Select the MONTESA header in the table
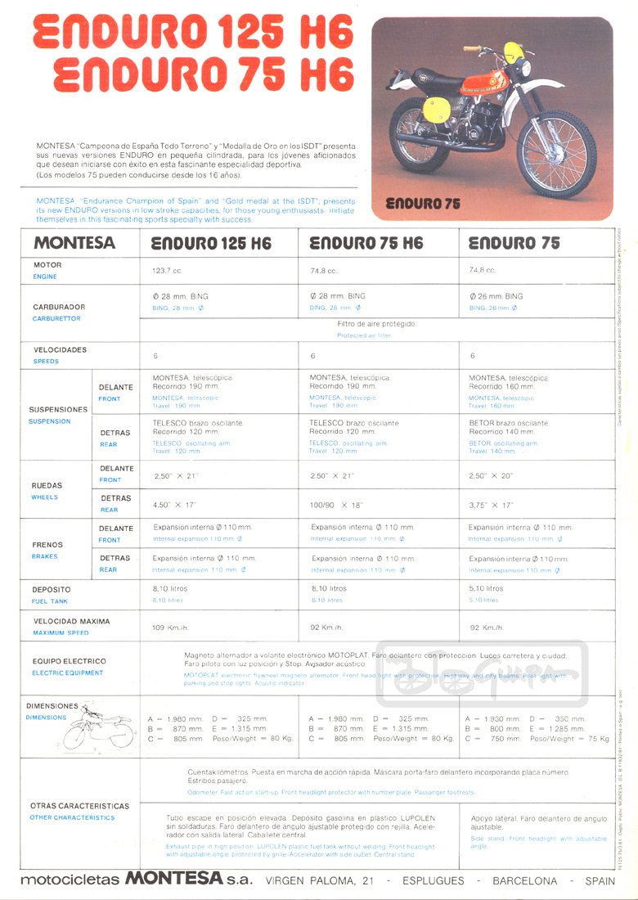[x=74, y=243]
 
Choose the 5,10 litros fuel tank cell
[x=487, y=588]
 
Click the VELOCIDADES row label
[x=60, y=349]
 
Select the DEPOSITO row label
[x=52, y=589]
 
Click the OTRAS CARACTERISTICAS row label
[x=79, y=806]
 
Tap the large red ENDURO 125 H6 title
[x=193, y=34]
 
